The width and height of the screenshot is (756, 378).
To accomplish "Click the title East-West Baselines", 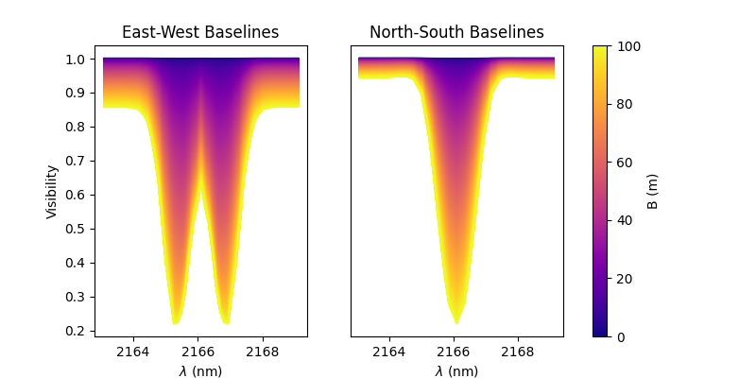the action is (200, 32).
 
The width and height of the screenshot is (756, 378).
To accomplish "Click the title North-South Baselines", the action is (456, 32).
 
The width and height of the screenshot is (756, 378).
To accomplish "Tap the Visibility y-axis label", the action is (52, 192).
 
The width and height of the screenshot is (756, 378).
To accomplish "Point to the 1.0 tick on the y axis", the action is (77, 60).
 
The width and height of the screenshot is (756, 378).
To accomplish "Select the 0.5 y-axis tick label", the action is (77, 229).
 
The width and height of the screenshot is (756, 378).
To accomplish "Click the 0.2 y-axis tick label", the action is (77, 332).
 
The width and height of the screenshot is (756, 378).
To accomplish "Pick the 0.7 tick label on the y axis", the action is (77, 161).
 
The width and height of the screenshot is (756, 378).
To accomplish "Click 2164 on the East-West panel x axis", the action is (133, 352).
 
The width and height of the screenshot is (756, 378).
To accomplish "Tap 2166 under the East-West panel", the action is (198, 352).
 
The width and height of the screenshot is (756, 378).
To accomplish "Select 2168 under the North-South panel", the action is (518, 352).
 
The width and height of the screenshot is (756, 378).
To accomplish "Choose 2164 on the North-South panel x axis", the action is (389, 352).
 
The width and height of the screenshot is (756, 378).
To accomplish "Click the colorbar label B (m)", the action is (652, 192).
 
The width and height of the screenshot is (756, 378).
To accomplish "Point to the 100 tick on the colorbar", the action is (628, 46).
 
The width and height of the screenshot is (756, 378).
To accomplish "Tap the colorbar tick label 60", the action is (625, 163).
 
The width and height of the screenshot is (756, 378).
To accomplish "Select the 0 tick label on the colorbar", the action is (621, 337).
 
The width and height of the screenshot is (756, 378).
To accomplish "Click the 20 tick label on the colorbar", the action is (625, 279).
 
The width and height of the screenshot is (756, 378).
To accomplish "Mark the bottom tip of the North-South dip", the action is (456, 323).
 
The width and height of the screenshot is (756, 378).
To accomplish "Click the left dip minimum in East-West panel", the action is (176, 323).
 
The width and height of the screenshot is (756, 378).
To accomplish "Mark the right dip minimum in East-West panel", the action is (226, 323).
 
